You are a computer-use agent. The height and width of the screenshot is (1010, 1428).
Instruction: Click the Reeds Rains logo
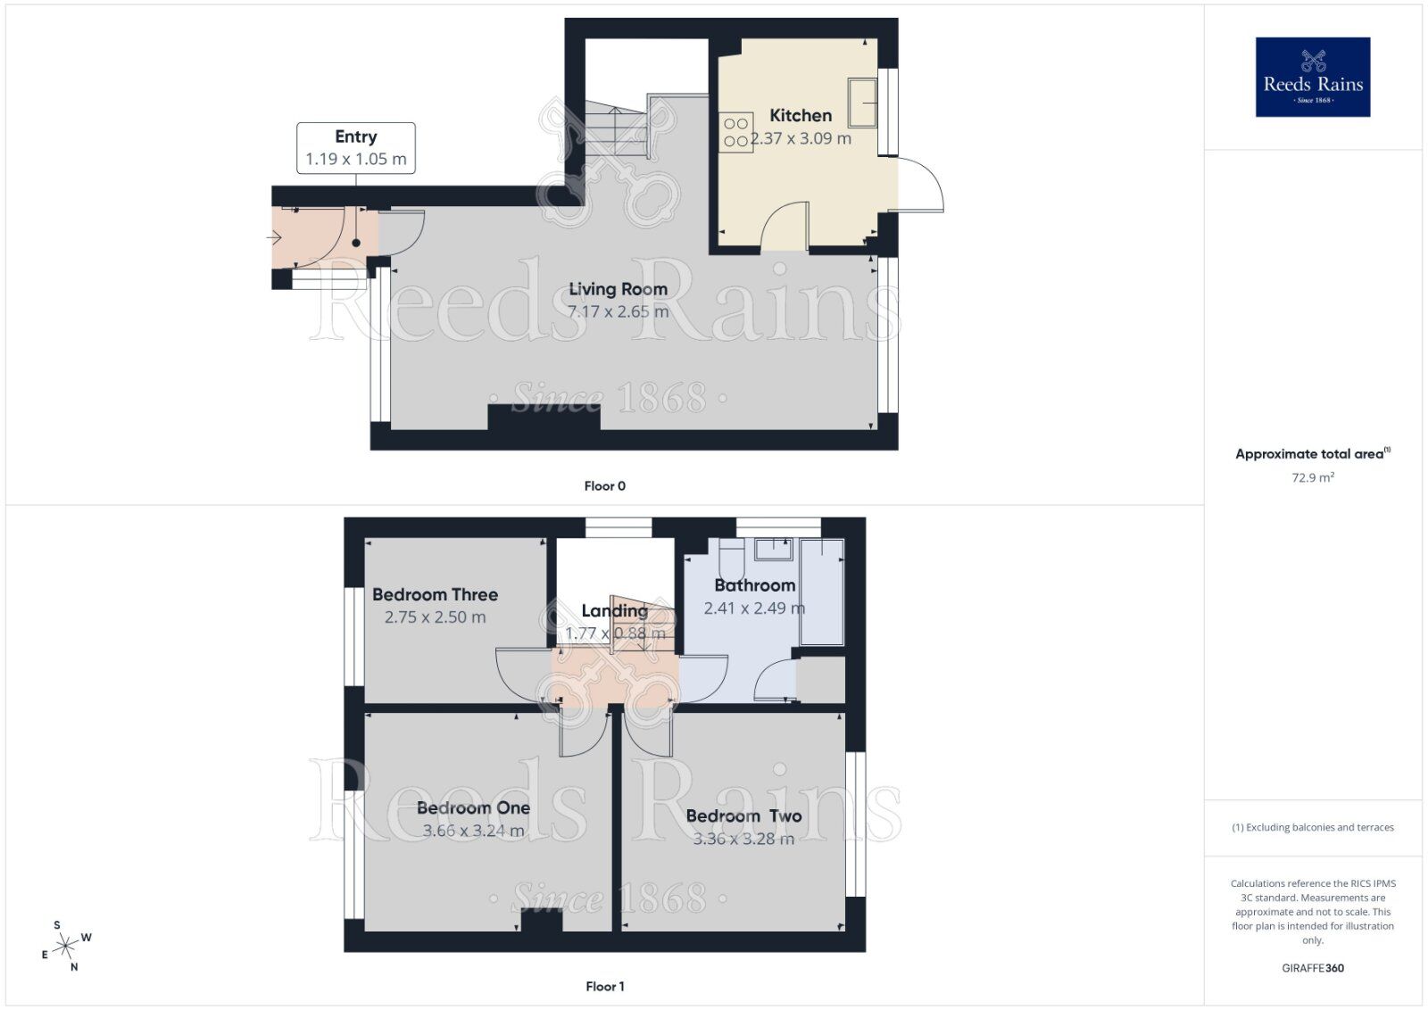(1312, 77)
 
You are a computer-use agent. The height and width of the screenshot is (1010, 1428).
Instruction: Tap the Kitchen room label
(801, 115)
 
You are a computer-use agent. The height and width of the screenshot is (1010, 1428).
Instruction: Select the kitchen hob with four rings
(737, 132)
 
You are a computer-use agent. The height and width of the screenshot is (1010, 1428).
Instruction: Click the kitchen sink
(862, 102)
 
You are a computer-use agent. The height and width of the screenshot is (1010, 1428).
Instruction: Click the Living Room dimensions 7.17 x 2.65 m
(618, 312)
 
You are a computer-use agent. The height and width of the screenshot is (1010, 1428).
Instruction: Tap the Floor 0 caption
(604, 486)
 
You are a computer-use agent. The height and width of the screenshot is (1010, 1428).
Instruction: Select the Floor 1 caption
(604, 986)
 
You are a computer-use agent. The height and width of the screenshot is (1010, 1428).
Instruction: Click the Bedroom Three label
(435, 594)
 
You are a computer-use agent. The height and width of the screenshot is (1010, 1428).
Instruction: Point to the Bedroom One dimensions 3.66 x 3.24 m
(473, 831)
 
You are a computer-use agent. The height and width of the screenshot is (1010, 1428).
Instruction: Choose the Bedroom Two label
(743, 815)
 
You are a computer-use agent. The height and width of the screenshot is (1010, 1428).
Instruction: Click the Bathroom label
(754, 585)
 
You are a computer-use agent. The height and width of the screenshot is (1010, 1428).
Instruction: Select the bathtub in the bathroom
(822, 591)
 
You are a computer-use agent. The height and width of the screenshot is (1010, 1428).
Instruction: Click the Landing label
(614, 610)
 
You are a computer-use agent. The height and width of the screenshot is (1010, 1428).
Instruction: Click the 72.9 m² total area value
(1312, 477)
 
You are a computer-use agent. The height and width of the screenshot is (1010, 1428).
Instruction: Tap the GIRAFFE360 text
(1312, 968)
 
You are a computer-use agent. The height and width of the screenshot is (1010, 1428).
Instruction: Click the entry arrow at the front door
(275, 237)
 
